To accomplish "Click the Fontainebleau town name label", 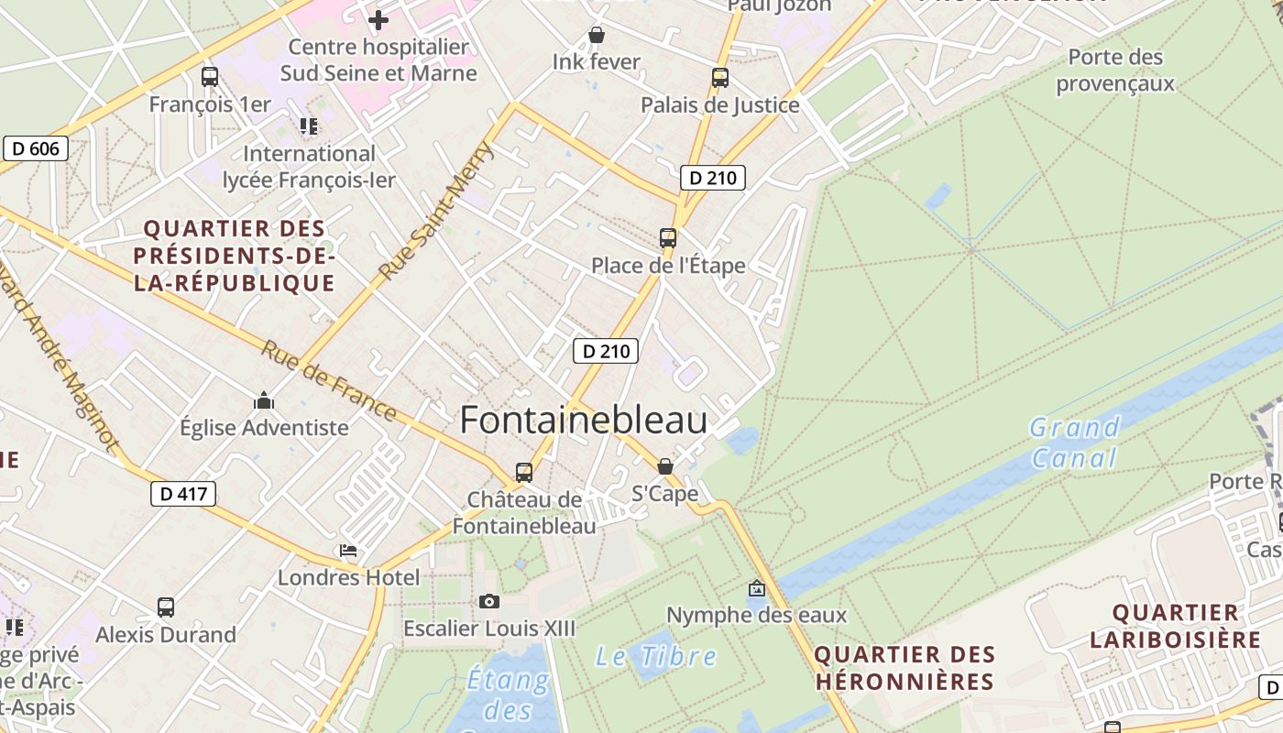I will [x=583, y=421].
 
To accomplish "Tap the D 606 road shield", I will [x=36, y=148].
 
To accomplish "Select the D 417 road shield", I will [x=182, y=494].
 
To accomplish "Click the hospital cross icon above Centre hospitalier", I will [x=378, y=19].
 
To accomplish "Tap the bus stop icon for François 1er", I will [x=210, y=77].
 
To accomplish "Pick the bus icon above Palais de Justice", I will [x=719, y=78].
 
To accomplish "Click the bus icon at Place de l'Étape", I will [x=668, y=238].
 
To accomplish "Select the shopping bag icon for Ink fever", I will [x=597, y=36].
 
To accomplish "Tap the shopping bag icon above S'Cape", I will [x=665, y=466].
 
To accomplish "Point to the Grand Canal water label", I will [x=1074, y=443].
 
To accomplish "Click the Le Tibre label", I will [x=655, y=656].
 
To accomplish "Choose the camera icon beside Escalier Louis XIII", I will [x=489, y=601].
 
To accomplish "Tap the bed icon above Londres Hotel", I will [x=348, y=551].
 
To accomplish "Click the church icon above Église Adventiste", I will [x=264, y=400].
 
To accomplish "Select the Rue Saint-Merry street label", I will [x=436, y=213].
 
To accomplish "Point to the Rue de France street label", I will [x=329, y=380].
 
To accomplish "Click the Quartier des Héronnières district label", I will [x=904, y=668].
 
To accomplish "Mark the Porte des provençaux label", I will [x=1114, y=71].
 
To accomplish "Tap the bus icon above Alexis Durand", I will [x=166, y=607].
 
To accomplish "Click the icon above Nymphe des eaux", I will [x=757, y=588].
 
